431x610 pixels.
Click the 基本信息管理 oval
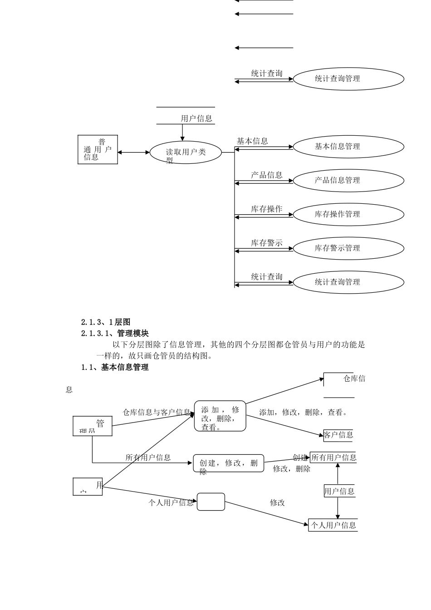[x=348, y=147]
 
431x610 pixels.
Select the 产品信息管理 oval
[x=348, y=180]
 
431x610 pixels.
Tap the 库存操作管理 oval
[x=348, y=214]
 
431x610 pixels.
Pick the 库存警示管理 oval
[x=348, y=248]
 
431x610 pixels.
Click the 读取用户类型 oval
[x=186, y=152]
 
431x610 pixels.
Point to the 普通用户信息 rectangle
[x=98, y=149]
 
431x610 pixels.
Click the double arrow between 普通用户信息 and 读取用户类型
[x=134, y=152]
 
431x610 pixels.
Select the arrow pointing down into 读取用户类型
[x=182, y=133]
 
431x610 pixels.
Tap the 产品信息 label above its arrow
[x=267, y=175]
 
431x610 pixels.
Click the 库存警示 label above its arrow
[x=267, y=243]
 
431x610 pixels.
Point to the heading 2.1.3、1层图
[x=106, y=322]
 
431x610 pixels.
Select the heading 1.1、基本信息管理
[x=115, y=368]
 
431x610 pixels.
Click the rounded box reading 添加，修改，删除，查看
[x=220, y=416]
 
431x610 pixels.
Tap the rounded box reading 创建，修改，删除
[x=228, y=463]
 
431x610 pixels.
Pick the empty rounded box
[x=211, y=502]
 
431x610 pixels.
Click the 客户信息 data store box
[x=338, y=435]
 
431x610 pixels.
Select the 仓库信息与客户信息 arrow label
[x=157, y=413]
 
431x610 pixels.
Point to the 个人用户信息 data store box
[x=333, y=526]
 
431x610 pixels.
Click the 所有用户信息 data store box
[x=334, y=457]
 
